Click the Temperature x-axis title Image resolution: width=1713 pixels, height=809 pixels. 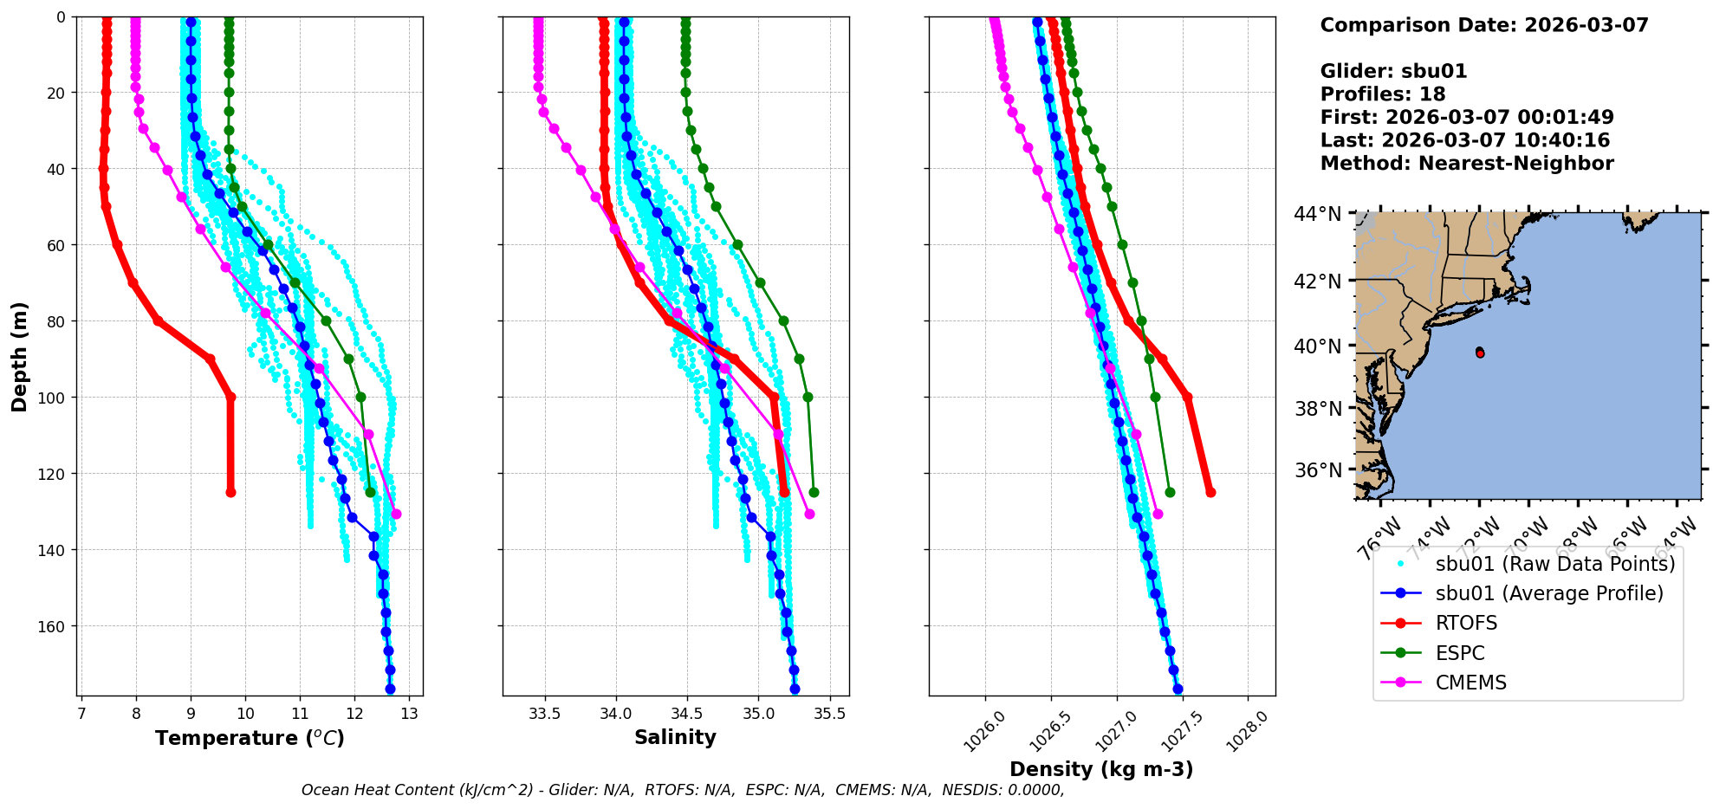[250, 738]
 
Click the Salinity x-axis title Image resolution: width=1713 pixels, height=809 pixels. [675, 738]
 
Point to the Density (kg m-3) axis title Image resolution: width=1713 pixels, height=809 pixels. [1101, 769]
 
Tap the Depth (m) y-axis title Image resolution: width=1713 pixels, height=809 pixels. [20, 356]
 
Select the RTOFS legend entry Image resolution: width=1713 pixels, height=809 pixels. [1466, 624]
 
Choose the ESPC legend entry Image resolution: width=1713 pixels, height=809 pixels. [1460, 653]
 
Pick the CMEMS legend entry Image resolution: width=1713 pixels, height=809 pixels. [1470, 683]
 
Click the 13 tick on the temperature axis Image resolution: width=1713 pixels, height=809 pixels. [410, 714]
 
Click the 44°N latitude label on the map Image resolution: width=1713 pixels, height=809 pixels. [1318, 213]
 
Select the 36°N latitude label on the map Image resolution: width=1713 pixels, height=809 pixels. [1318, 470]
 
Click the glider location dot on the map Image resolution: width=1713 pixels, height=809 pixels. [1480, 353]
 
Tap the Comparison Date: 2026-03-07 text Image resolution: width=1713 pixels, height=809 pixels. [1483, 25]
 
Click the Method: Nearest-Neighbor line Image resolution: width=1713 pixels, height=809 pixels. [1466, 163]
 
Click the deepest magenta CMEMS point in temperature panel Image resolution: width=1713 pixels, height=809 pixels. [396, 514]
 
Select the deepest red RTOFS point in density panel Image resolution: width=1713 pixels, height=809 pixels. [1210, 492]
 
